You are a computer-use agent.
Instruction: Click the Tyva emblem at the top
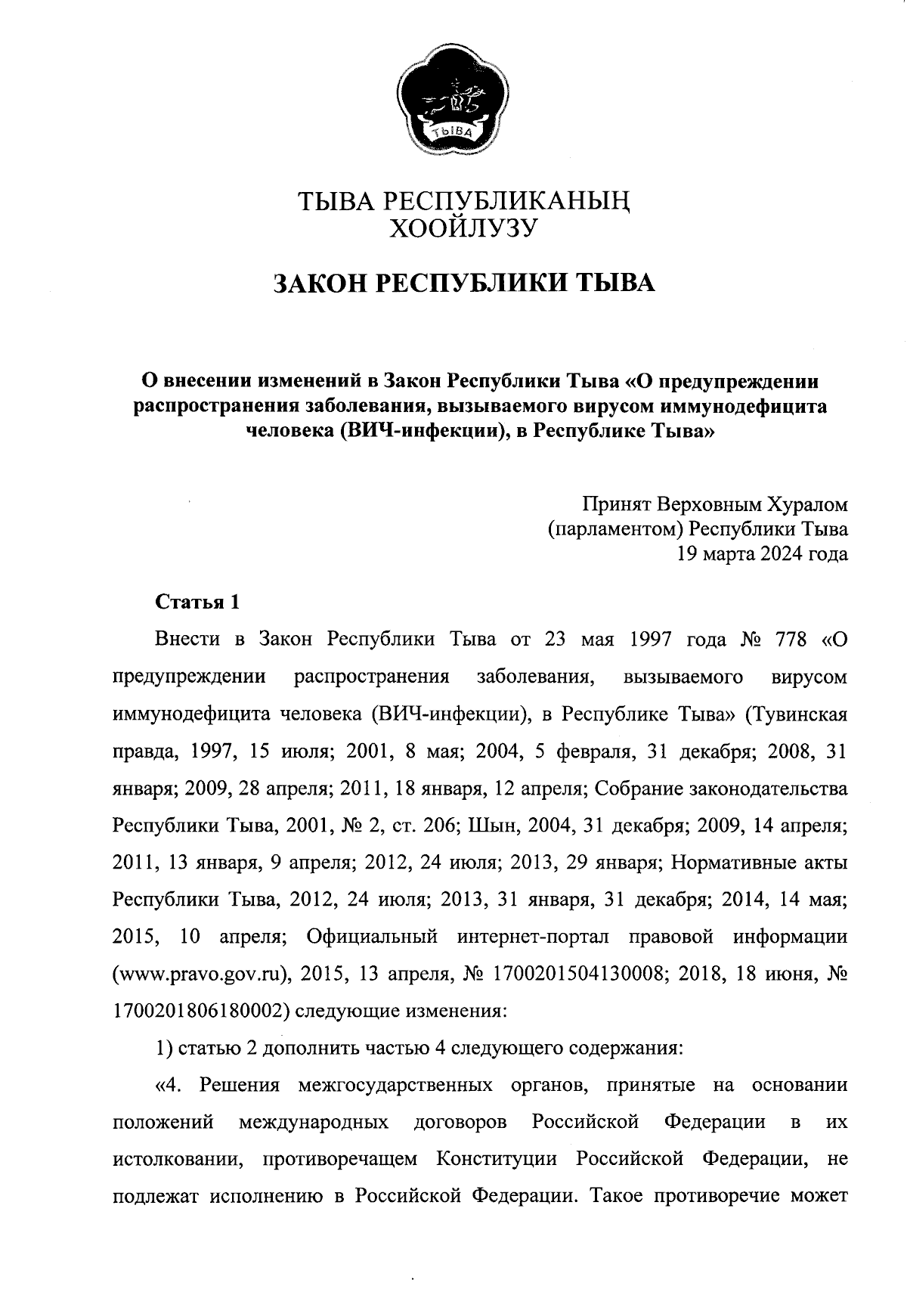453,100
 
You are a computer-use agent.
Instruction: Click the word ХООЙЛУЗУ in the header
462,227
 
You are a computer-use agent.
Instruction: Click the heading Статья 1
197,602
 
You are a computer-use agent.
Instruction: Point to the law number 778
792,639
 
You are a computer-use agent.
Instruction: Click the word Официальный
372,937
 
